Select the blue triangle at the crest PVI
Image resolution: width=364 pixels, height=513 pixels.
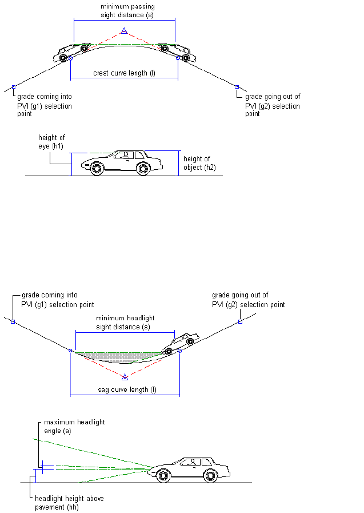[123, 31]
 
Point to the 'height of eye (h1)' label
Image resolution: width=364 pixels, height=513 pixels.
[51, 142]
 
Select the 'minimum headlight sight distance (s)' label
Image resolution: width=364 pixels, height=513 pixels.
[125, 322]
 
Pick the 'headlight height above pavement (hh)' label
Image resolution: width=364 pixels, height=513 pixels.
[69, 502]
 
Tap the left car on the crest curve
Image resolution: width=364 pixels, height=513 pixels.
[73, 51]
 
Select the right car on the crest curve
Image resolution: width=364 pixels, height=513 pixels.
[175, 51]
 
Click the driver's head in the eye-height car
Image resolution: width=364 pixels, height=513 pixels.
[126, 154]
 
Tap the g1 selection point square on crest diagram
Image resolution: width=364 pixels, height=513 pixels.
[14, 87]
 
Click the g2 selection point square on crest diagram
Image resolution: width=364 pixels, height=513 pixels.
[237, 87]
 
